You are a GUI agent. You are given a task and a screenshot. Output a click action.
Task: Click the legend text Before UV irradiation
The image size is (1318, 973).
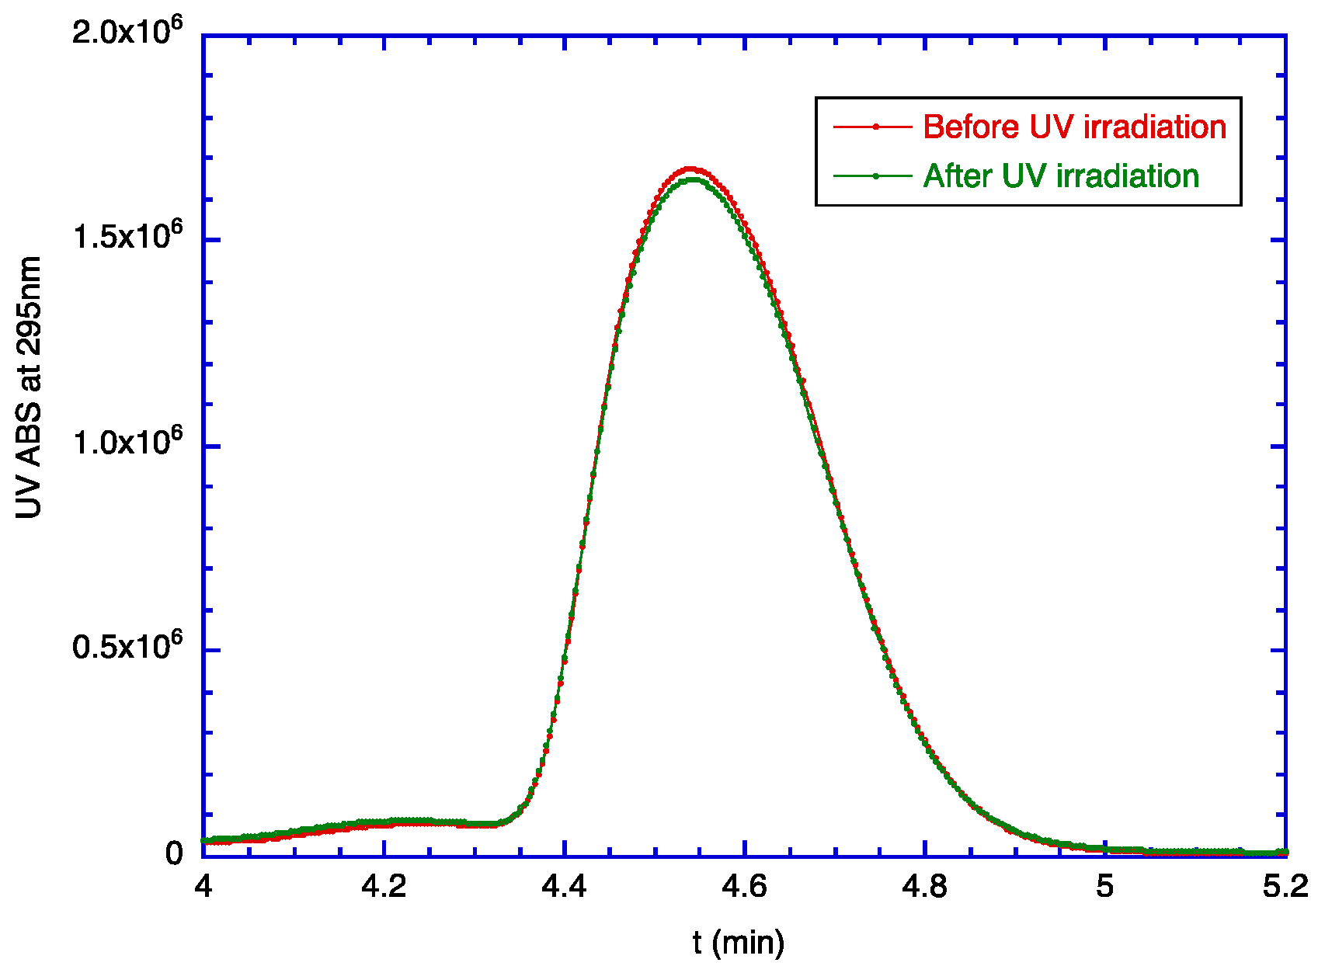coord(1074,127)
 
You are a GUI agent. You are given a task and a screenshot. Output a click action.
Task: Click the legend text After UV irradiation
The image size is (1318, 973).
coord(1061,176)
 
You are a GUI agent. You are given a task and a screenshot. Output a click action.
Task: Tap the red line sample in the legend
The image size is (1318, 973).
coord(873,127)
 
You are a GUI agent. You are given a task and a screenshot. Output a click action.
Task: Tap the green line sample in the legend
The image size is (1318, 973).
coord(873,176)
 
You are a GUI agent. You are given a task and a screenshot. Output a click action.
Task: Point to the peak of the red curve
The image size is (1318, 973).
coord(690,169)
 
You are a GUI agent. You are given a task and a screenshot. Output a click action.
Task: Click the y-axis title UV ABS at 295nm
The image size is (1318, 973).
coord(29,387)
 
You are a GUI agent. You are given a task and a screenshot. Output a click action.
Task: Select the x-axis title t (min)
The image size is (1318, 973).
coord(738,942)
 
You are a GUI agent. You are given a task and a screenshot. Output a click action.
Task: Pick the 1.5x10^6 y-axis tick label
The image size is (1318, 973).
coord(128,237)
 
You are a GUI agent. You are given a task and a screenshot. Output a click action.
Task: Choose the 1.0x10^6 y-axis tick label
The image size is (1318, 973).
coord(128,443)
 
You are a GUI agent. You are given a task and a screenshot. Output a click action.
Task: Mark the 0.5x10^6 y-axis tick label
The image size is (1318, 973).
coord(128,646)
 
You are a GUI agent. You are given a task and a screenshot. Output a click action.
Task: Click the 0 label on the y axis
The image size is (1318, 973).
coord(174,853)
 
